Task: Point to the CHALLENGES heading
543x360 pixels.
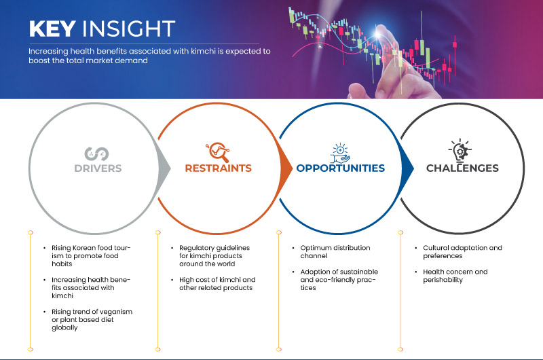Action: (x=462, y=168)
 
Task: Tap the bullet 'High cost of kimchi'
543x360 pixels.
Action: (x=212, y=284)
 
